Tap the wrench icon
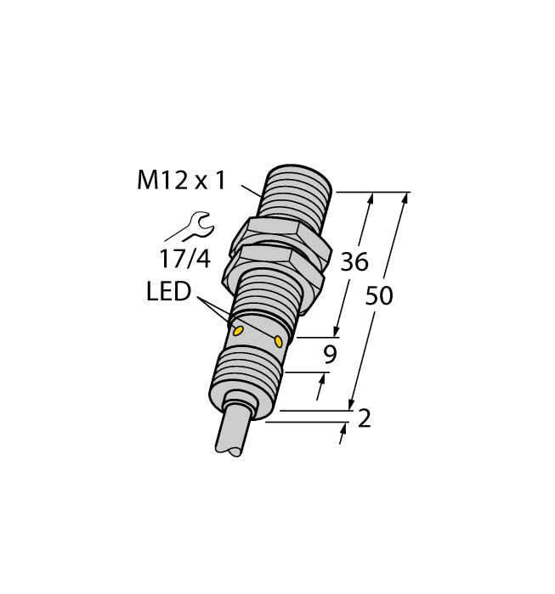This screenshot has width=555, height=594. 191,227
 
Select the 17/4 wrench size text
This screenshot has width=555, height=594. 185,259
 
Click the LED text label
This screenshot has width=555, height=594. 168,294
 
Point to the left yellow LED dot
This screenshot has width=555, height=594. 239,330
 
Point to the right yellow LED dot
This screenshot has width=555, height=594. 279,341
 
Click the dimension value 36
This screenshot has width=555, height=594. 354,262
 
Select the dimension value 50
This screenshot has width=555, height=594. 379,296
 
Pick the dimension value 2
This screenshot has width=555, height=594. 365,418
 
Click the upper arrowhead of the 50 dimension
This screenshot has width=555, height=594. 405,199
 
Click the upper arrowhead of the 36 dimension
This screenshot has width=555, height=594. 370,199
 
